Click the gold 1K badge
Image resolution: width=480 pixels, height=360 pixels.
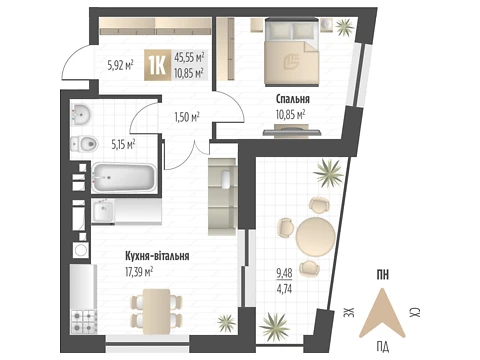(x=157, y=65)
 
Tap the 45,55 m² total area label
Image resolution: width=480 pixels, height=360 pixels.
(x=189, y=57)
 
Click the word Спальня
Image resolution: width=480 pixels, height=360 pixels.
(x=293, y=99)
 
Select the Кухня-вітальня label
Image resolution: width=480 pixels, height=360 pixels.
(x=157, y=256)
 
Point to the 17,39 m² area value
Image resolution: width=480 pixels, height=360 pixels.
(x=139, y=272)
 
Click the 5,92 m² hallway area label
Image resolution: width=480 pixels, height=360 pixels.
(x=120, y=65)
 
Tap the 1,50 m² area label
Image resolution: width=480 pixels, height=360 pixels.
(x=187, y=117)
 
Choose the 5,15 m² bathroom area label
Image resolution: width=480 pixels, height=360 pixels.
(x=123, y=145)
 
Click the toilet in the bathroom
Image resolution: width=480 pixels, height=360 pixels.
(x=84, y=144)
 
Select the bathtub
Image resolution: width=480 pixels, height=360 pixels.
(x=124, y=178)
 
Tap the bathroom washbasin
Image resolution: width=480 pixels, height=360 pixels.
(x=81, y=114)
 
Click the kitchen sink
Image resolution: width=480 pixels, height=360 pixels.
(x=103, y=211)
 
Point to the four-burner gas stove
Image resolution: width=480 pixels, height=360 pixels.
(x=84, y=321)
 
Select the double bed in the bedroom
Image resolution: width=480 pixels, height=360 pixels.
(x=292, y=52)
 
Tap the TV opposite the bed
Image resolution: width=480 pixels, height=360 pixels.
(x=292, y=131)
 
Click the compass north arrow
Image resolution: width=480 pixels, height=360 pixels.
(x=382, y=313)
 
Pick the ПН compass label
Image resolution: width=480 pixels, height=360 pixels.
(x=383, y=275)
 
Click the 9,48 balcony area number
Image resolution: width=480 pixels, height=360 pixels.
(x=284, y=273)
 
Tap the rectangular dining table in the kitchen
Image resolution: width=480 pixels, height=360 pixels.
(x=157, y=311)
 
